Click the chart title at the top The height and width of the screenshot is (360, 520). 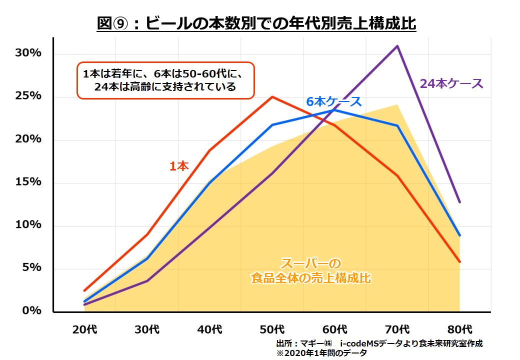point(256,24)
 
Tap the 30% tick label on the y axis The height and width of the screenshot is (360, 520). point(28,53)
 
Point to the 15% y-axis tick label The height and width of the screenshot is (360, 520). point(28,182)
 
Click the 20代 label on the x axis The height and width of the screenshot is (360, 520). point(84,330)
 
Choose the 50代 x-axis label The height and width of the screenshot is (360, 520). point(272,330)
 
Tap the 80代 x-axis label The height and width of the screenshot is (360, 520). point(460,330)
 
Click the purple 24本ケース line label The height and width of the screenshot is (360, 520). point(451,84)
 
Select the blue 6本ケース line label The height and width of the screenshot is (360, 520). point(333,101)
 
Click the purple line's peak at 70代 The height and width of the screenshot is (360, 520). point(397,46)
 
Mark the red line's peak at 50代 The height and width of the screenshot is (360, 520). point(272,96)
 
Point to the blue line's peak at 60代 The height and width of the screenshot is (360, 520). point(335,110)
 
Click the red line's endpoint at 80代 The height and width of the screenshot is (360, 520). point(460,261)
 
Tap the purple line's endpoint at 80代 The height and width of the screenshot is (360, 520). point(460,202)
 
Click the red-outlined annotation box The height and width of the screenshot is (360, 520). point(165,80)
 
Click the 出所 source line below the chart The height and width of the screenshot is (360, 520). point(379,343)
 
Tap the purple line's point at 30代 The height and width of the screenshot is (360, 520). point(147,281)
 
